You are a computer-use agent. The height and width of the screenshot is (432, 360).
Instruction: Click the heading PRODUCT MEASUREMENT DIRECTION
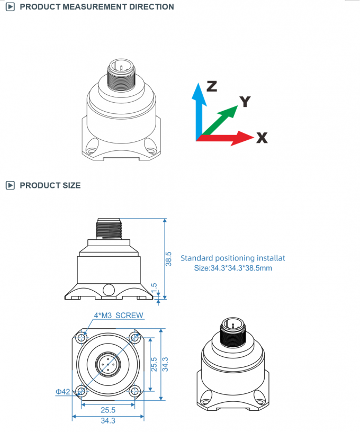point(96,7)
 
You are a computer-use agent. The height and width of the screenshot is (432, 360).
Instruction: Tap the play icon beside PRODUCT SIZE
point(10,185)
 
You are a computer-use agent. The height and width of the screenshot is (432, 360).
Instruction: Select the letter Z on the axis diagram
point(212,86)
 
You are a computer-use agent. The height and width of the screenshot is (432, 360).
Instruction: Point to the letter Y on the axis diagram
point(245,101)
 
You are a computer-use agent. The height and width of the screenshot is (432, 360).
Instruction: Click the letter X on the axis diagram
point(262,138)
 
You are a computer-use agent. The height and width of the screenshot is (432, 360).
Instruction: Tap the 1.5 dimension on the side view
point(154,288)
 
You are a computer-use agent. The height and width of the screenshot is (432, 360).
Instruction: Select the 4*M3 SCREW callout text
point(118,316)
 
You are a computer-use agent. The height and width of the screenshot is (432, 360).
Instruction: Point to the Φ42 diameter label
point(63,392)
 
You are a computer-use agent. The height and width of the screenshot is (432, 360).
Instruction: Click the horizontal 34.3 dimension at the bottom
point(107,421)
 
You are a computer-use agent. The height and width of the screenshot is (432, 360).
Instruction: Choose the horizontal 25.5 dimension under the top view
point(107,410)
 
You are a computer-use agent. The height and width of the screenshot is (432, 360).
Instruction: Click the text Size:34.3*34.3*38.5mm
point(233,268)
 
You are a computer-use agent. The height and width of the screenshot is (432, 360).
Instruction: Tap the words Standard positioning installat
point(233,258)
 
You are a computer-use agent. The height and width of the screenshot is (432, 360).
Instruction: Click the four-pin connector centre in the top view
point(107,364)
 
